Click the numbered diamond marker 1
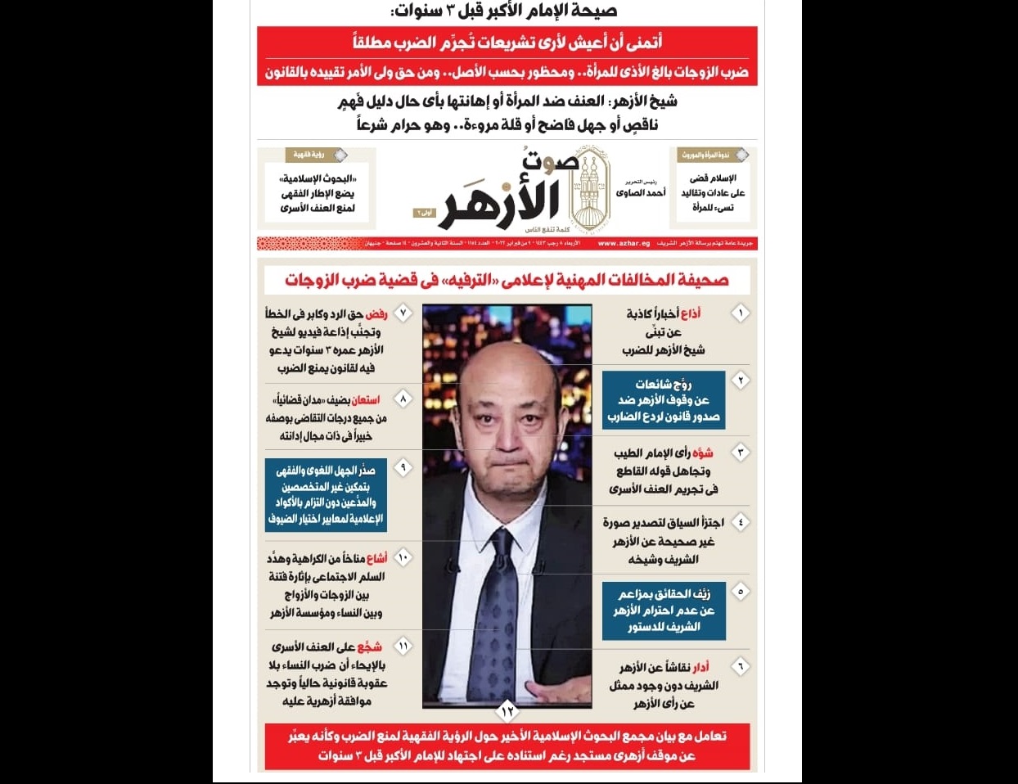(x=741, y=313)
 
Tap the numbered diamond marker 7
(x=403, y=313)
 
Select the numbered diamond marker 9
(x=403, y=467)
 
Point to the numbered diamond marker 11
(x=403, y=647)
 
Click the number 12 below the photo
(x=507, y=711)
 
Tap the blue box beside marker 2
(x=663, y=399)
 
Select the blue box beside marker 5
(x=664, y=610)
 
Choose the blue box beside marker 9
(x=325, y=494)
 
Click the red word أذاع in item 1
(x=691, y=313)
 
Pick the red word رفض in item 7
(x=376, y=313)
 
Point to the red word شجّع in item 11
(x=369, y=647)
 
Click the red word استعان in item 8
(x=366, y=399)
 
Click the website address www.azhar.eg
(x=624, y=243)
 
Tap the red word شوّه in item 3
(x=702, y=453)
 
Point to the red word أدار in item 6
(x=700, y=667)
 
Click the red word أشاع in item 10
(x=376, y=558)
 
